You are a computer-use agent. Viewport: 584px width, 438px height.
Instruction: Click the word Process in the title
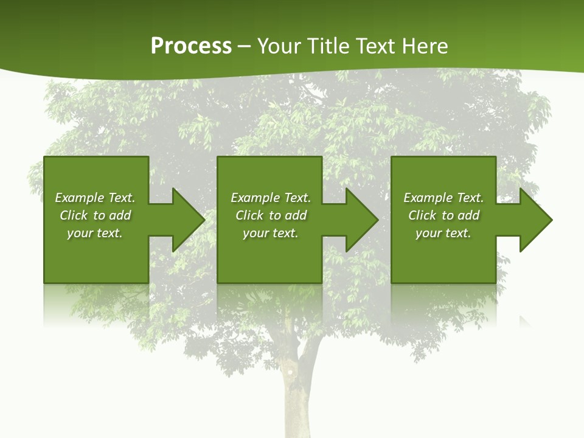[x=191, y=46]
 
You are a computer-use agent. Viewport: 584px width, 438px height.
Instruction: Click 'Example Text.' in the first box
[x=95, y=198]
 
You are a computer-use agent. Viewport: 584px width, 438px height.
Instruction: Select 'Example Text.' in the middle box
[x=271, y=198]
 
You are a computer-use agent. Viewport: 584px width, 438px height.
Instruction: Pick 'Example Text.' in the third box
[x=443, y=198]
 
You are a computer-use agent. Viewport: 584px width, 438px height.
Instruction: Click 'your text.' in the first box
[x=95, y=233]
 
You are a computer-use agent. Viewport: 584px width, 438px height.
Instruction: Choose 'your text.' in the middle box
[x=271, y=233]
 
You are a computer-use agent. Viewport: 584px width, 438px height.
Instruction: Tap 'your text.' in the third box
[x=443, y=233]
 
